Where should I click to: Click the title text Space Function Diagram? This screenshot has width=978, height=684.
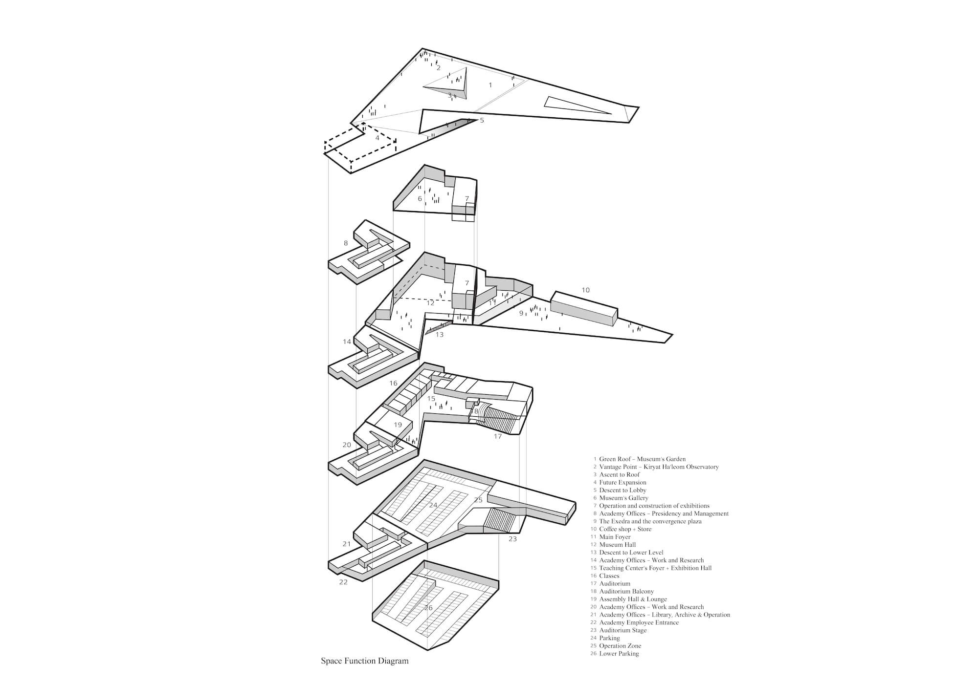[x=364, y=662]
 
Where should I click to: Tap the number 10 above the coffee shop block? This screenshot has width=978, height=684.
[x=585, y=290]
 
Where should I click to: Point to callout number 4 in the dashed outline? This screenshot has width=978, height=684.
[x=377, y=138]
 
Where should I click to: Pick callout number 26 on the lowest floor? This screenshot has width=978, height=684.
[x=428, y=608]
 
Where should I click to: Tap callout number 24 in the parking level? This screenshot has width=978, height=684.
[x=433, y=505]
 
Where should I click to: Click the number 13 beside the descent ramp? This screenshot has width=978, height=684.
[x=439, y=335]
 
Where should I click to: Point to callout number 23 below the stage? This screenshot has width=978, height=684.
[x=512, y=539]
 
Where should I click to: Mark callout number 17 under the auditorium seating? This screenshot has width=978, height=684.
[x=497, y=436]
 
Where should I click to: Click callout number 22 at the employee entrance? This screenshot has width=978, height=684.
[x=343, y=582]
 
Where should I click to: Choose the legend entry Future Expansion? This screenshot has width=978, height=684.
[x=620, y=483]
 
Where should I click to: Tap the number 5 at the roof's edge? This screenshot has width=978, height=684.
[x=482, y=120]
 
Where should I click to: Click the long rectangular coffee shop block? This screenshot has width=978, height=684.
[x=584, y=308]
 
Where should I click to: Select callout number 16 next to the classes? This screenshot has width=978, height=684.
[x=393, y=384]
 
